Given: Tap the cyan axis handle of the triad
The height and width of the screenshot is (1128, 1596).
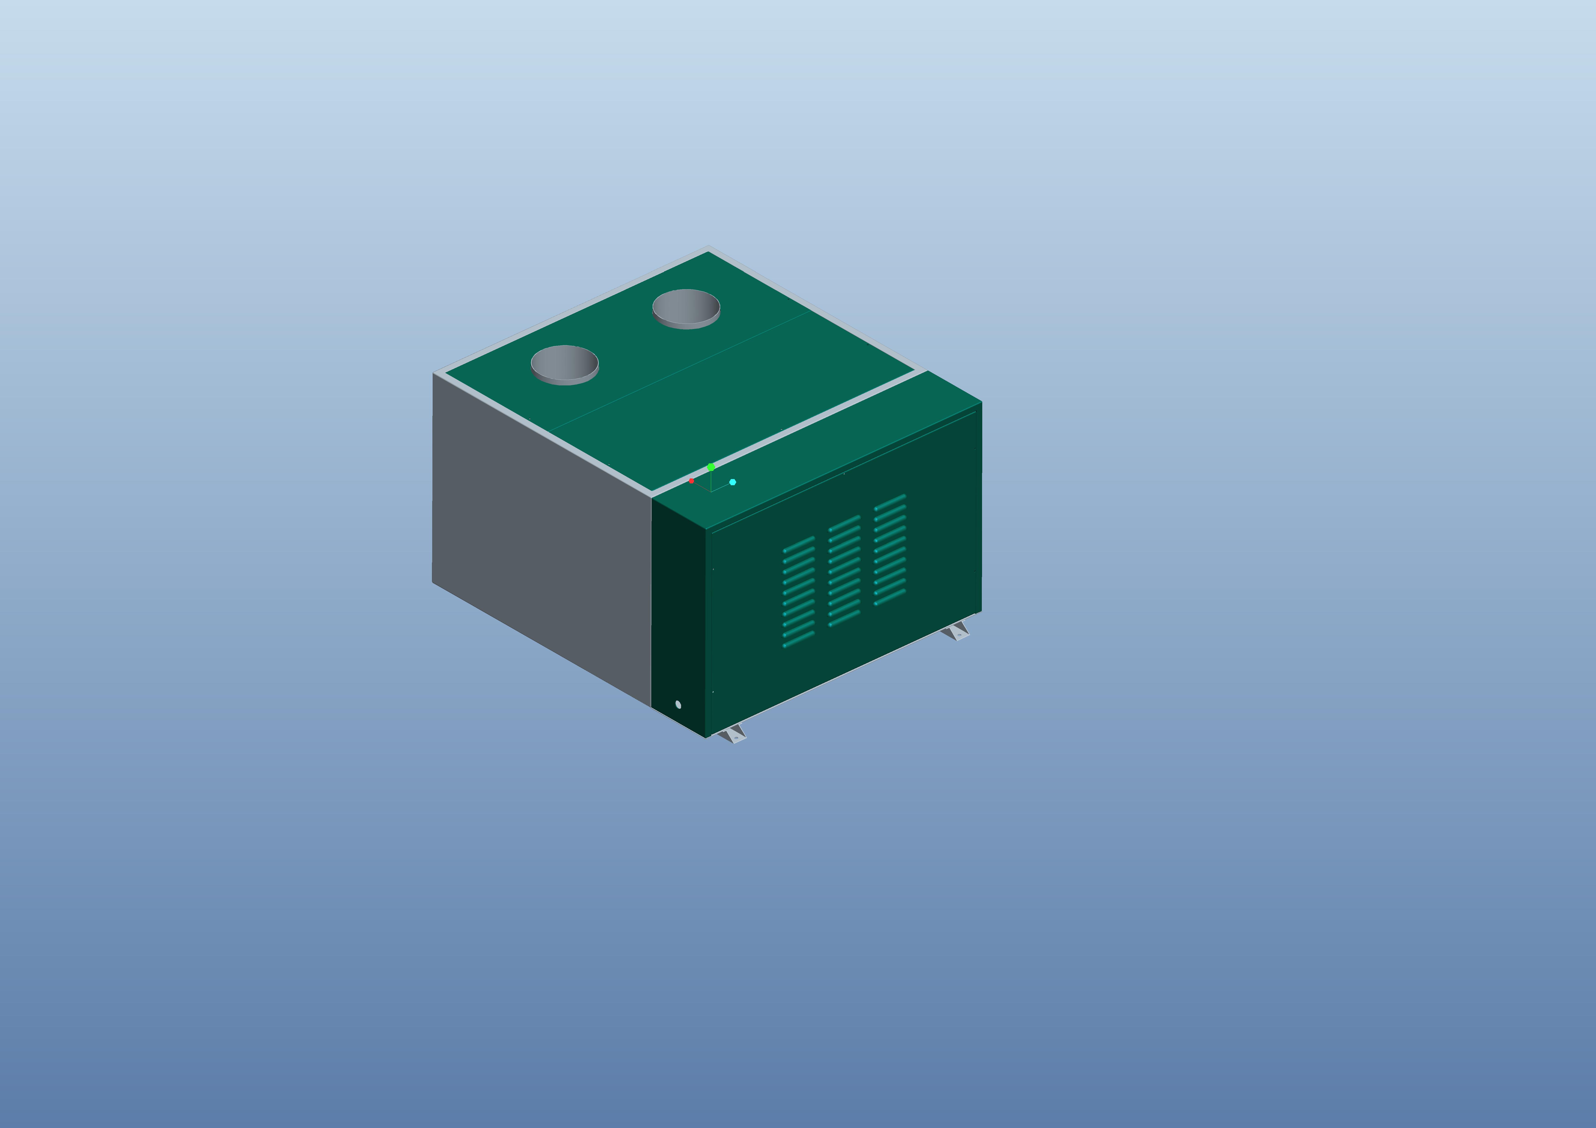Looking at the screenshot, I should pos(733,482).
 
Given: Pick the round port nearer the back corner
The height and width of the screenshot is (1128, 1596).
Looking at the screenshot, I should pos(686,307).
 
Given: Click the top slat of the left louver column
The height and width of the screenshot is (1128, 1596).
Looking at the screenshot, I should pos(799,543).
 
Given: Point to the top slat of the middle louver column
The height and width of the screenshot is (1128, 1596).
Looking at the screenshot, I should pos(845,522).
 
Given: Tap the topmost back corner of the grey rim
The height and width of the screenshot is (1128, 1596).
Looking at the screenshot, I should pos(708,248).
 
